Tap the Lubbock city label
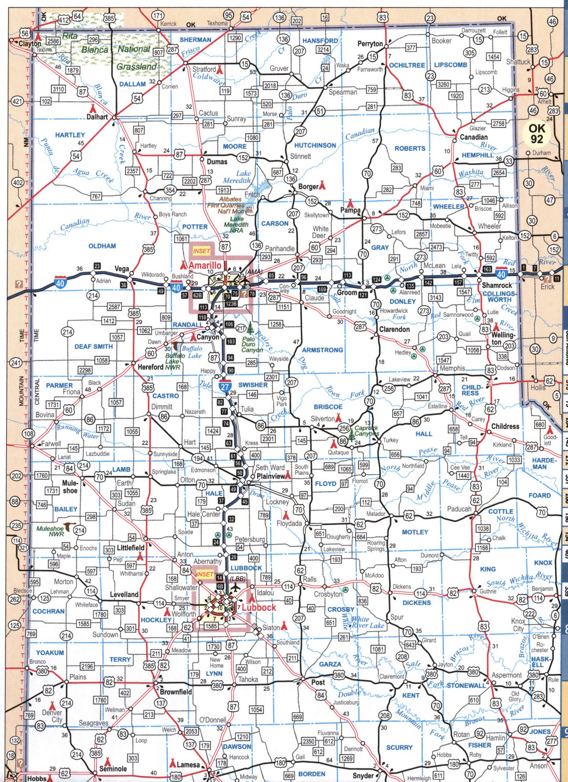click(258, 608)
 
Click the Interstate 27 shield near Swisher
click(225, 386)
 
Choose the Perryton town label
click(370, 44)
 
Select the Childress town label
click(505, 426)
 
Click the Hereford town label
click(150, 367)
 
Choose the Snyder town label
click(363, 775)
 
